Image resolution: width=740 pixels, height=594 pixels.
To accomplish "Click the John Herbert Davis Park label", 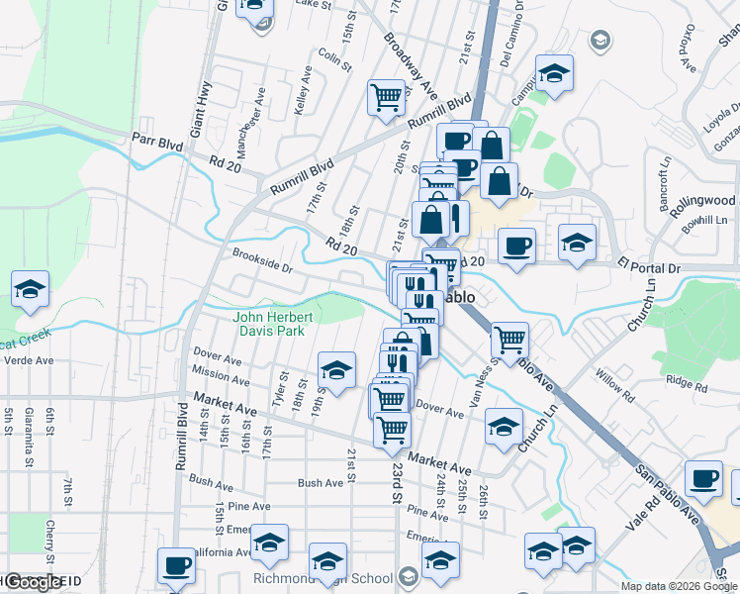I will (274, 324).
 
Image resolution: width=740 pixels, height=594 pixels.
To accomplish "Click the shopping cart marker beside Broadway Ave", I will (386, 97).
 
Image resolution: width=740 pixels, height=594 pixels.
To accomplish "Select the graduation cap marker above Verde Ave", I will (31, 289).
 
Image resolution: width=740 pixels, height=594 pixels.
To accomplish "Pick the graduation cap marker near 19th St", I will (336, 370).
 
